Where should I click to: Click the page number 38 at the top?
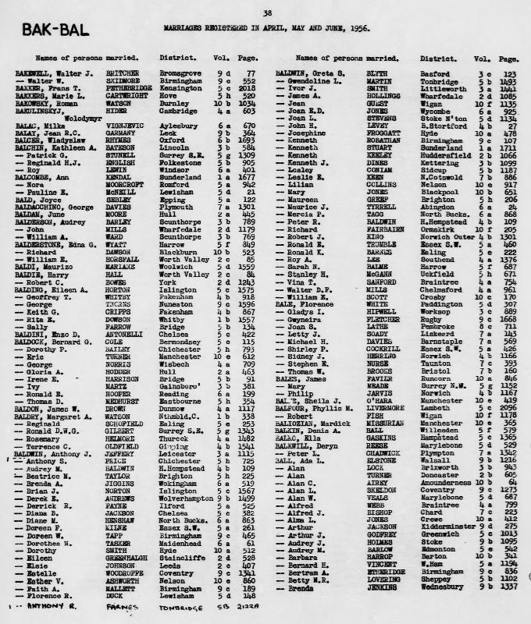click(267, 12)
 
